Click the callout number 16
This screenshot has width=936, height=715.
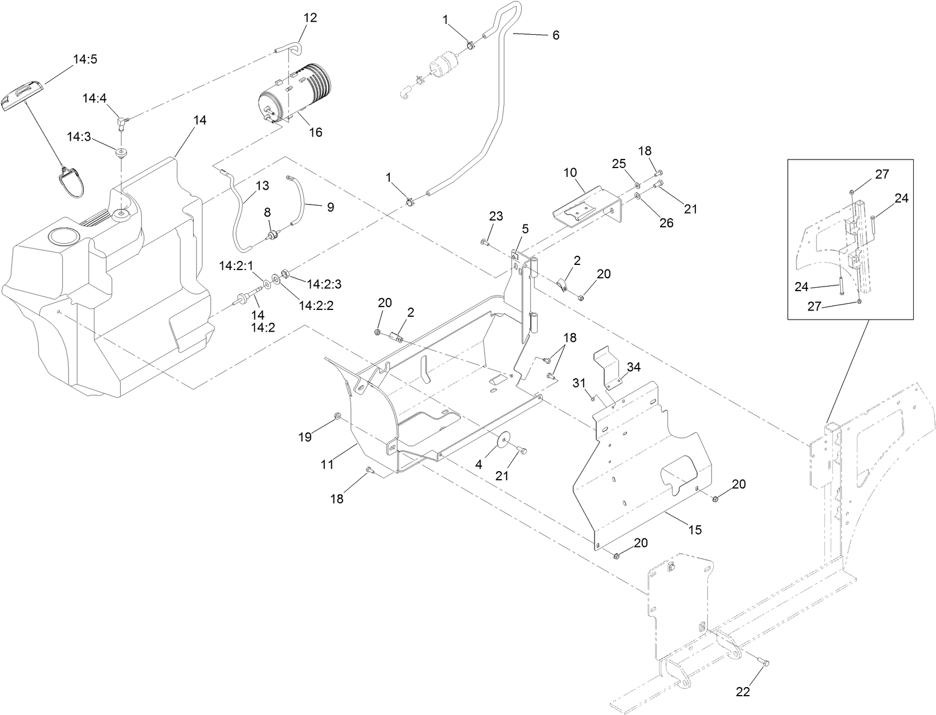coord(315,132)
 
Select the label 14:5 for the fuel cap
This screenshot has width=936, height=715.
coord(85,59)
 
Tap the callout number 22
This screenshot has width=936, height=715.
coord(743,692)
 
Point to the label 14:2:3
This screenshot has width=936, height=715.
coord(324,283)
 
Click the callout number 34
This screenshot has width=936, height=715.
coord(634,367)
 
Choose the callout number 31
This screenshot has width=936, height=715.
coord(579,383)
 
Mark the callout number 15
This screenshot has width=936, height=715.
coord(695,530)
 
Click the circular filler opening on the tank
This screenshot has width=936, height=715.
coord(62,235)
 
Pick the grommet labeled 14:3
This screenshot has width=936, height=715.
coord(121,153)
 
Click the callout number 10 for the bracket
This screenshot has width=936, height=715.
coord(571,172)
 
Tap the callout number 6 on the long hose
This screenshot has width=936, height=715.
coord(556,35)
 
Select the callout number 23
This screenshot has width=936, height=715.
coord(496,216)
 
